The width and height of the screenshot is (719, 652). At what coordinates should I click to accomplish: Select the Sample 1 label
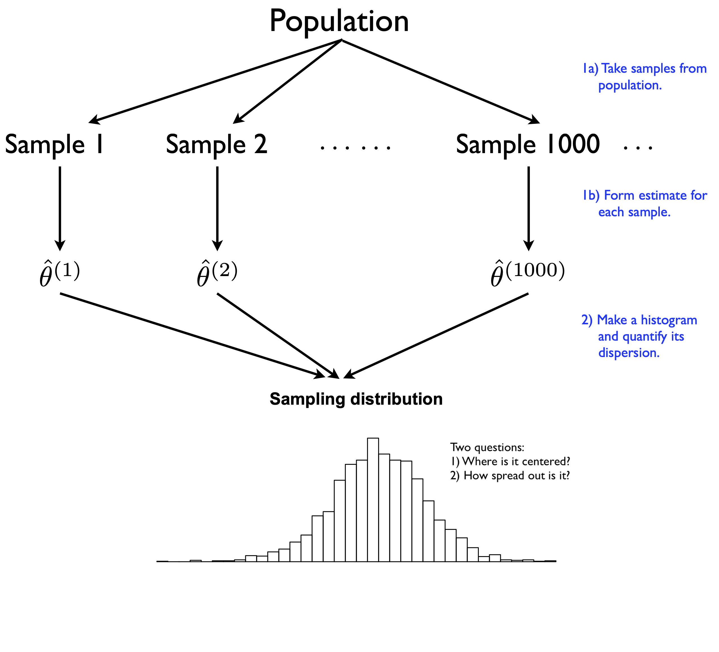click(54, 144)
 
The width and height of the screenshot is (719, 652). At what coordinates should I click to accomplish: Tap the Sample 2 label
click(217, 144)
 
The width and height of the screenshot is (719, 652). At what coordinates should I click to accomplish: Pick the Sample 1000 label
click(528, 144)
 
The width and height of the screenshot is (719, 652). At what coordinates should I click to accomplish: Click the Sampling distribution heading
click(356, 399)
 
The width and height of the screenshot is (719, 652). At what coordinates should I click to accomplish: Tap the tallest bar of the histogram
click(373, 499)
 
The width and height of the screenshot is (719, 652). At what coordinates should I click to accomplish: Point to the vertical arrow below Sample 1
click(60, 209)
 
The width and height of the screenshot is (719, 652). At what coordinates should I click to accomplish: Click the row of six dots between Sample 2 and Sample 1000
click(356, 147)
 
